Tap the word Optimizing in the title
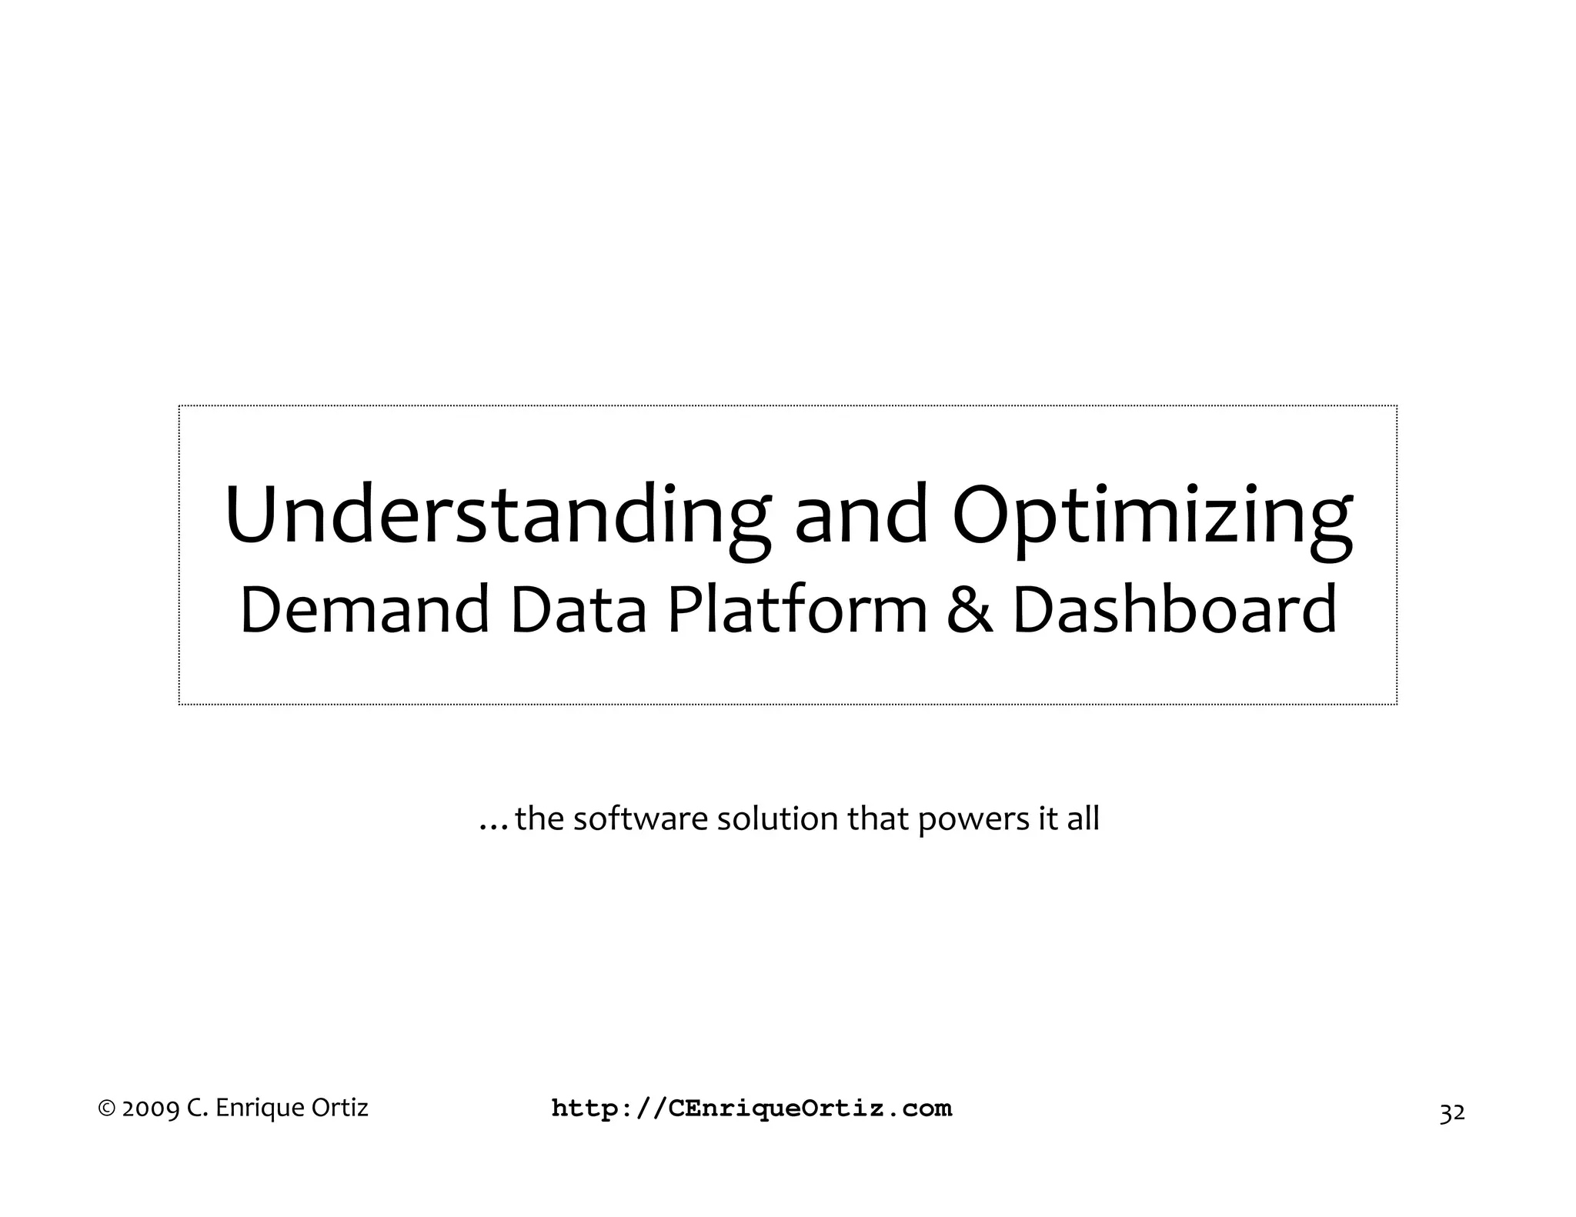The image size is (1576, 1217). click(1152, 515)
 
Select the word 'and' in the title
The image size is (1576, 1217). click(860, 515)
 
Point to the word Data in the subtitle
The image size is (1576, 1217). click(578, 609)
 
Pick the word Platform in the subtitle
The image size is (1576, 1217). click(797, 609)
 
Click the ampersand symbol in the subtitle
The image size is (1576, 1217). click(970, 609)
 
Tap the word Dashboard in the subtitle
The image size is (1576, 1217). click(1174, 609)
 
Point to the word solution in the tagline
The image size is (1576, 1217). click(779, 819)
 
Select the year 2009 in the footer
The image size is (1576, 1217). click(152, 1109)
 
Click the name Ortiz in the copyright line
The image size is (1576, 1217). click(340, 1108)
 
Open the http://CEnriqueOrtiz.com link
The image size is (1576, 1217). click(752, 1109)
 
